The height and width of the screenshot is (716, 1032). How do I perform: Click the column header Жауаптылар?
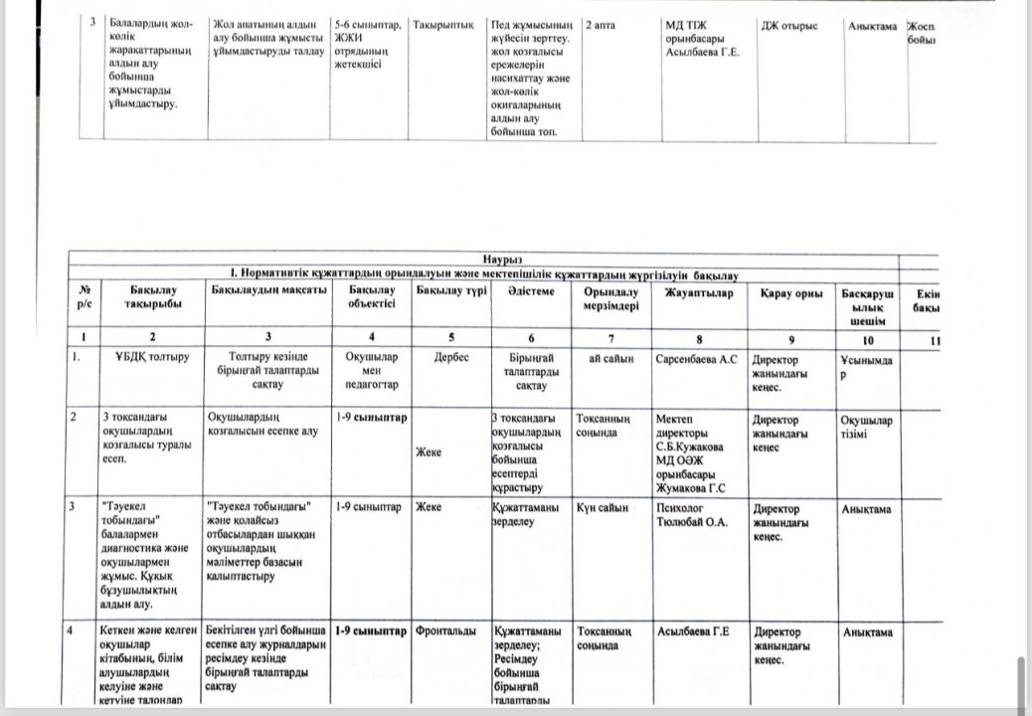700,291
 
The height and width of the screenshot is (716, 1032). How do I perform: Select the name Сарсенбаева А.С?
696,358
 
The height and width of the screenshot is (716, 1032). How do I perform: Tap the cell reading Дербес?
451,358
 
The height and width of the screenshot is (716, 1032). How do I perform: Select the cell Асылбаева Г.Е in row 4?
693,631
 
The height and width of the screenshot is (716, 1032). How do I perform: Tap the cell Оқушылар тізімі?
866,426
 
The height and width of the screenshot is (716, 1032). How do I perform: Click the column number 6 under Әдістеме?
531,337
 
